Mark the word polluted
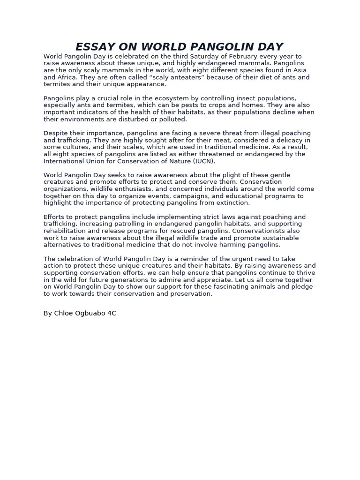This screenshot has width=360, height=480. click(x=171, y=119)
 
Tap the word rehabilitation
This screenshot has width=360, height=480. click(x=65, y=231)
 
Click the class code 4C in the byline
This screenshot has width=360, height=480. click(x=112, y=313)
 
